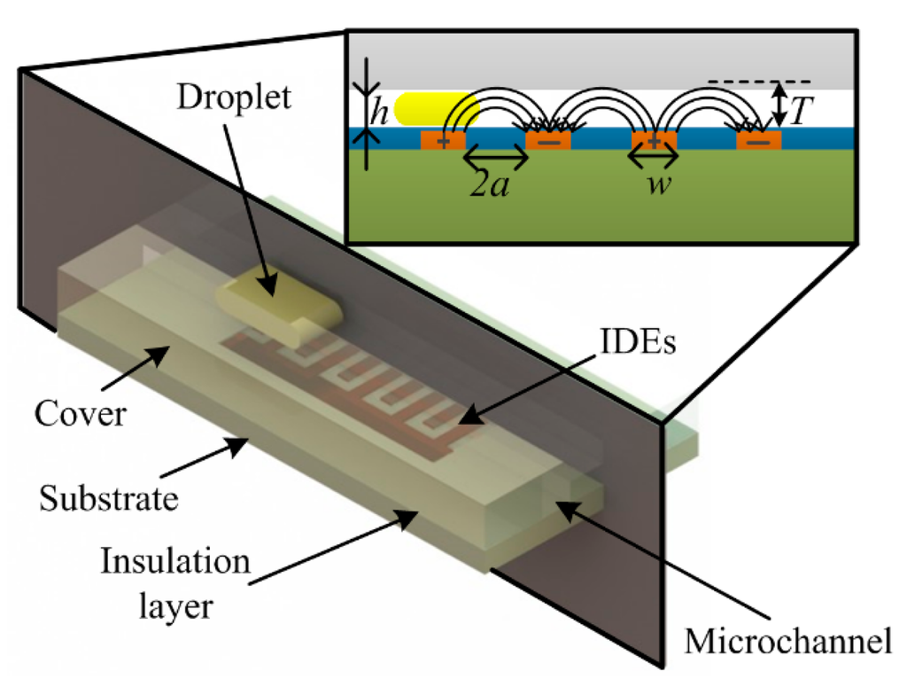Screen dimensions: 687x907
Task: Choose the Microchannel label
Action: coord(787,642)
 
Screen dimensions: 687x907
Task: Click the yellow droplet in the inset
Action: coord(434,109)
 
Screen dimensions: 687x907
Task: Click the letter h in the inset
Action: coord(379,114)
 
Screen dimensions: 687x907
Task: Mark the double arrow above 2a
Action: coord(495,159)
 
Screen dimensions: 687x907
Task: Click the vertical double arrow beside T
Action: coord(777,104)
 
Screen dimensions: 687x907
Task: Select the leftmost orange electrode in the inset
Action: coord(442,140)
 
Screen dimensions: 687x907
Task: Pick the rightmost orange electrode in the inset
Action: coord(758,140)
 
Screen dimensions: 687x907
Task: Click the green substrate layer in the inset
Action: coord(602,204)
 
